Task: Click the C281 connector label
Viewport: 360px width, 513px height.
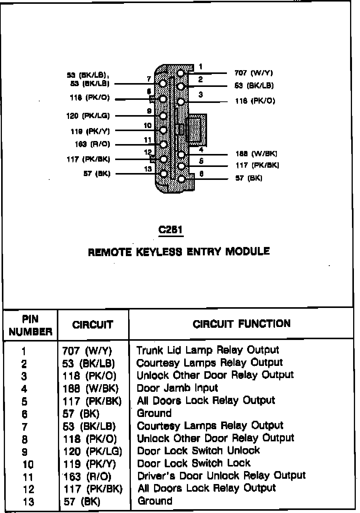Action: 170,230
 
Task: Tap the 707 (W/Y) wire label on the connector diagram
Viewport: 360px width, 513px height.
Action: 254,73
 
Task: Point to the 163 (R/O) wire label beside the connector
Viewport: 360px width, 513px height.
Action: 92,144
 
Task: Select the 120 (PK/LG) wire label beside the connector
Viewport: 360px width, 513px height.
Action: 88,116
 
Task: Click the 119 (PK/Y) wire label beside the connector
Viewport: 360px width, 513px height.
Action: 90,131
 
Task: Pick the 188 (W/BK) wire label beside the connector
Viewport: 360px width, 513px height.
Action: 256,154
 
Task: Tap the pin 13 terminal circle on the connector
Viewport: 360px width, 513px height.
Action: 164,173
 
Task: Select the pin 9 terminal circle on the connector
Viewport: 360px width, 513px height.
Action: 164,116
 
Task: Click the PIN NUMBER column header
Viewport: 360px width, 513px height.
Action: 30,325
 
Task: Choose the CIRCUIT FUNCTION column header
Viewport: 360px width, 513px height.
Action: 241,324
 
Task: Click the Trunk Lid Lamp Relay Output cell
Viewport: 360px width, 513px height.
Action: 207,350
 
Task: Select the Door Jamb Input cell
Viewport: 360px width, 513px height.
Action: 177,388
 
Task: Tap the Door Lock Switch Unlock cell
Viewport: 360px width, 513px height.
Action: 198,450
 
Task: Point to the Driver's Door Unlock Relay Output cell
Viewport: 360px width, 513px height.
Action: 221,476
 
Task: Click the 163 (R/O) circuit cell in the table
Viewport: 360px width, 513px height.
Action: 87,476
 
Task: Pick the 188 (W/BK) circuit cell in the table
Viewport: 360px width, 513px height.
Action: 91,388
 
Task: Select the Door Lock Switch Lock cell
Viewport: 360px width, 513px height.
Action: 194,463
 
